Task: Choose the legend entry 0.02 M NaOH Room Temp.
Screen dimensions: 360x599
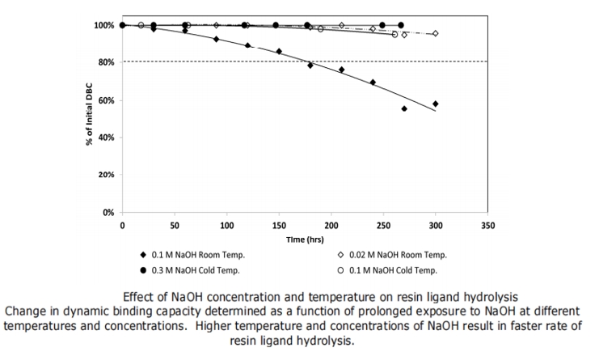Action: (x=395, y=255)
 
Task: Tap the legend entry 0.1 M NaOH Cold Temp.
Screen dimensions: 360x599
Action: (x=392, y=269)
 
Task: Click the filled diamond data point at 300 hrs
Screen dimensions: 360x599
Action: (x=436, y=104)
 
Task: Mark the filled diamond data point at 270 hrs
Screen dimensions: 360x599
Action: (x=404, y=108)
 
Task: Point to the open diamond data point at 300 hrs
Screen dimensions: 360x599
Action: (x=436, y=33)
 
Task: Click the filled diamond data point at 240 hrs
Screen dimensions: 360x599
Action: (x=373, y=82)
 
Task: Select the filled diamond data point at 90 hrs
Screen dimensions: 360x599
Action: (x=216, y=39)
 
